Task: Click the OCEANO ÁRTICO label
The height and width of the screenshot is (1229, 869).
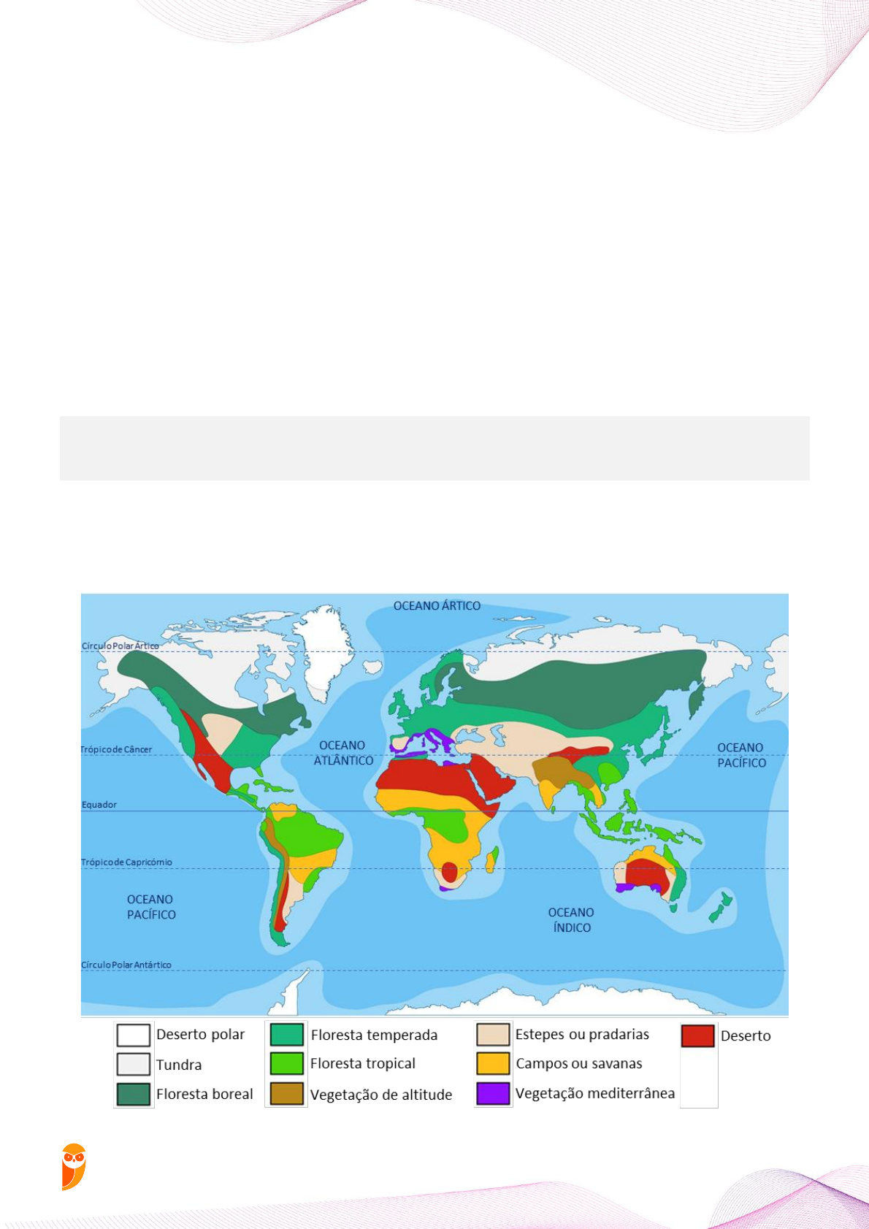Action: tap(437, 605)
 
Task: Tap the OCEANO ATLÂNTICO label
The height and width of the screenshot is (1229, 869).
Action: tap(343, 753)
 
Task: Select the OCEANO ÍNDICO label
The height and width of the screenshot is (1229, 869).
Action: tap(571, 920)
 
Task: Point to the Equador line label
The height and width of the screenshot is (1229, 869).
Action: tap(99, 805)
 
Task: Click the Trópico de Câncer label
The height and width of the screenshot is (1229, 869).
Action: tap(117, 749)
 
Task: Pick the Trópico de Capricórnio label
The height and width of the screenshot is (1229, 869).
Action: tap(126, 862)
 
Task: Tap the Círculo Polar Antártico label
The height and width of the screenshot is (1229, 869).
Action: tap(126, 965)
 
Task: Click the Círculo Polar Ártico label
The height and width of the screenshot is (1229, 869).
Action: tap(120, 646)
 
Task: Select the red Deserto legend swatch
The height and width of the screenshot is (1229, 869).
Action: tap(697, 1035)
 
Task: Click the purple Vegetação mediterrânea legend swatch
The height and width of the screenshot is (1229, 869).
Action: tap(493, 1093)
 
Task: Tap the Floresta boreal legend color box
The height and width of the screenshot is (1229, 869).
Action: tap(134, 1094)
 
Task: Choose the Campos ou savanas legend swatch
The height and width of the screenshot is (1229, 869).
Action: tap(493, 1063)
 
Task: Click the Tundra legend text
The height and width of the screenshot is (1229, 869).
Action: tap(179, 1065)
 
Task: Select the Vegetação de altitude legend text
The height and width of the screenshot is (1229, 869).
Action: tap(381, 1095)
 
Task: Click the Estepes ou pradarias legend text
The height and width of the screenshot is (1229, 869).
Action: tap(582, 1034)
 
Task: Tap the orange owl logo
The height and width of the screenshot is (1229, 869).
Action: tap(74, 1166)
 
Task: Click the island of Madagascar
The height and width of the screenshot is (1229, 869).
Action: tap(493, 859)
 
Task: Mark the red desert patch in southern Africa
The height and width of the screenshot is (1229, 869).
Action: tap(449, 871)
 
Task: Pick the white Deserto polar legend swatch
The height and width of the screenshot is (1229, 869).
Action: tap(134, 1035)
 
